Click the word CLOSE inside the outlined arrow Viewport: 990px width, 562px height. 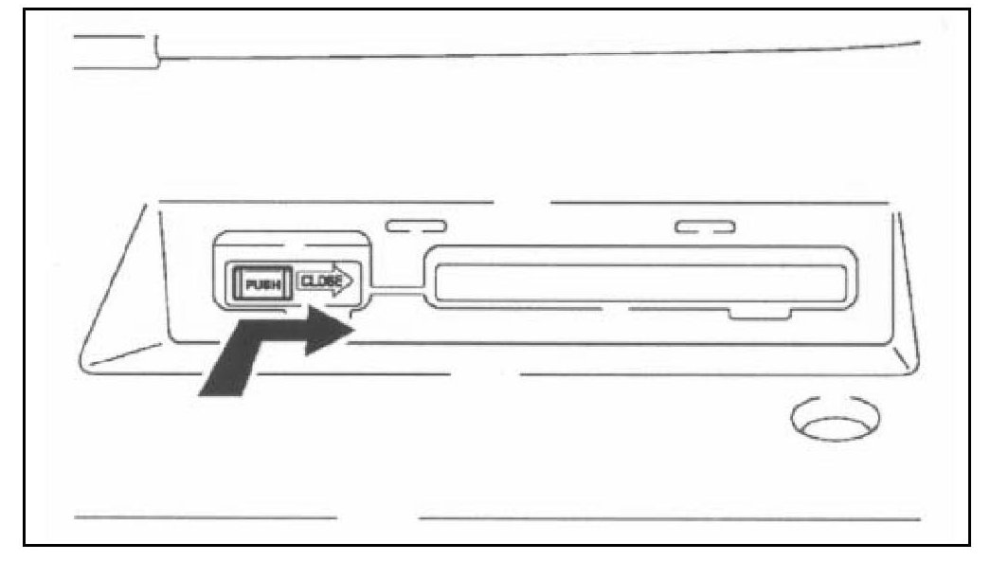coord(319,281)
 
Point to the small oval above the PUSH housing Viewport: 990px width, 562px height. coord(416,227)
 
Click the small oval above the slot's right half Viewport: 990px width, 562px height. coord(705,227)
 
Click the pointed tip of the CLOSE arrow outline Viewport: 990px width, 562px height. coord(351,281)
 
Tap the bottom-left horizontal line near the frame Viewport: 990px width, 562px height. coord(205,517)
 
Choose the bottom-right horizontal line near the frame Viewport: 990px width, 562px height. coord(669,518)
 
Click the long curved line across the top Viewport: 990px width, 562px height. coord(540,55)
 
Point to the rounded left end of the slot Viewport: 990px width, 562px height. coord(436,281)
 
